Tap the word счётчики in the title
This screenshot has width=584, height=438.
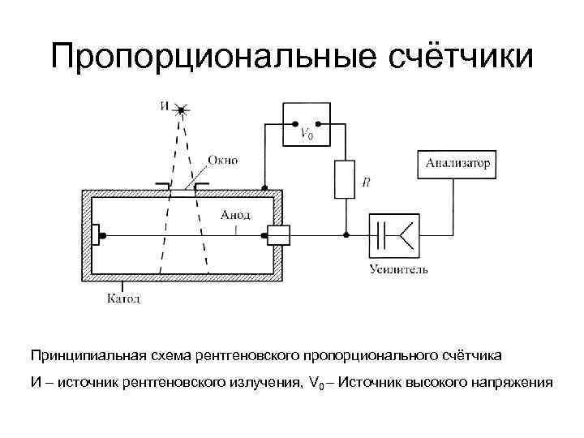[x=455, y=58]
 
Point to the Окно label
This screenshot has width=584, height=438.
[x=222, y=160]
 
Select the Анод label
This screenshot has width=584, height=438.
[x=236, y=215]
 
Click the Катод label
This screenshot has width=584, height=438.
[x=123, y=299]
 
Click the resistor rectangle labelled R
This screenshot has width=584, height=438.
[x=345, y=178]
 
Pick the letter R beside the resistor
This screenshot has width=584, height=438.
[x=367, y=183]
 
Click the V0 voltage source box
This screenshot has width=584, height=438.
[x=306, y=125]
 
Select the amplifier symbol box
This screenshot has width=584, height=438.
[x=395, y=235]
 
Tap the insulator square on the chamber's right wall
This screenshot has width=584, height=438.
[x=280, y=235]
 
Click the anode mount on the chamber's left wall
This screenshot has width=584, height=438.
[x=97, y=235]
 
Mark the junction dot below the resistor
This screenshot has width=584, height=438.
[x=345, y=235]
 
